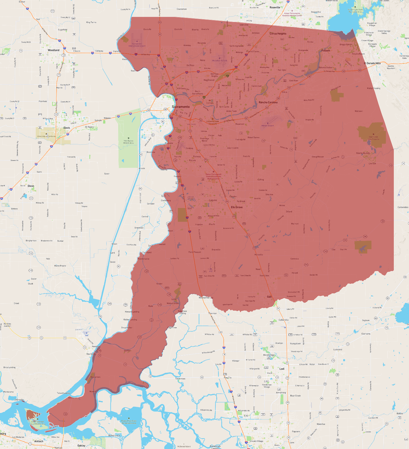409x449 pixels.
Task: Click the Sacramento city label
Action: click(181, 107)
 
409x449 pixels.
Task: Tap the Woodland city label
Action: click(54, 50)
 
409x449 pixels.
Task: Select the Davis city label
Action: click(67, 128)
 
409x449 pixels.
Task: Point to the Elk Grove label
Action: click(237, 207)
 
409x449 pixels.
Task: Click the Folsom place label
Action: click(326, 51)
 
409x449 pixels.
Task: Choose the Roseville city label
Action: click(275, 7)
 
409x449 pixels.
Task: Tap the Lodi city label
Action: click(282, 369)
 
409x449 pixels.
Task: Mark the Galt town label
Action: click(269, 297)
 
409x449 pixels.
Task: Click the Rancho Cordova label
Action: click(268, 102)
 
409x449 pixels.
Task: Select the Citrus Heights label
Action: click(278, 34)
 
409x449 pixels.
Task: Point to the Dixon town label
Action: click(31, 186)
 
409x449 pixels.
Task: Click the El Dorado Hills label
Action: click(372, 63)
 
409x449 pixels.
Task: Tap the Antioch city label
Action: click(39, 441)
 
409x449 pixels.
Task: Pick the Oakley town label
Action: click(81, 445)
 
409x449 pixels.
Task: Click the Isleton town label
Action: click(127, 351)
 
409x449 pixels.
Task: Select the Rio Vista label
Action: click(91, 354)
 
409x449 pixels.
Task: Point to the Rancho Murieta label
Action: click(363, 153)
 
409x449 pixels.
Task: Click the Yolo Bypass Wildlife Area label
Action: click(128, 142)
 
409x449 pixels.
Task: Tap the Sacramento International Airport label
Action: click(137, 45)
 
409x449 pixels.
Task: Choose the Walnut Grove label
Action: click(172, 303)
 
